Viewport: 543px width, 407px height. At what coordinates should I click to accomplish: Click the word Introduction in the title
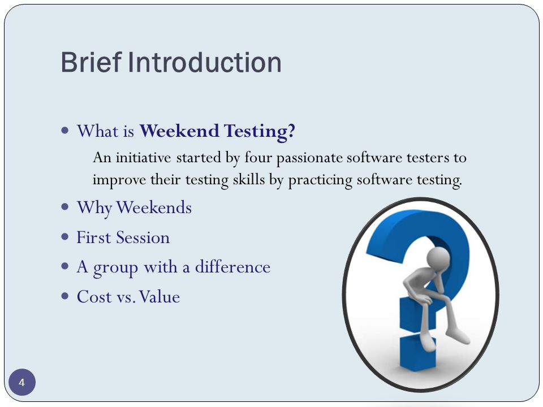[205, 62]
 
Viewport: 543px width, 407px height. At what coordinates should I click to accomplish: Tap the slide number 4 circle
[22, 383]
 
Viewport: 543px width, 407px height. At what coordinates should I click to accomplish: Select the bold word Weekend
[179, 131]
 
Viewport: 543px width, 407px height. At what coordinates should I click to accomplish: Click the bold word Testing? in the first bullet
[260, 132]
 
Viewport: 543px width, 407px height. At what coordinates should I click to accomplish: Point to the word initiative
[143, 158]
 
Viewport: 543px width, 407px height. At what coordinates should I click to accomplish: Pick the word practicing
[320, 180]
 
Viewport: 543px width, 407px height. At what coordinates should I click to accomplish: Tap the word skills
[249, 179]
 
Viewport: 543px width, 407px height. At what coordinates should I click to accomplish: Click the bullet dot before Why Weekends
[64, 207]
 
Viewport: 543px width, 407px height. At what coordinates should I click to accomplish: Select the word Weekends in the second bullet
[154, 207]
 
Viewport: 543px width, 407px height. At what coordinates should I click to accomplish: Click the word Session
[143, 238]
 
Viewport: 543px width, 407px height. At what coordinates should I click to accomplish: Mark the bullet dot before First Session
[64, 237]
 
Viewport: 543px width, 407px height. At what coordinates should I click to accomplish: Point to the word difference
[232, 267]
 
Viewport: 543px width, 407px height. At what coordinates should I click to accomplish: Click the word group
[115, 269]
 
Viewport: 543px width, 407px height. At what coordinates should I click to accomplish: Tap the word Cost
[94, 297]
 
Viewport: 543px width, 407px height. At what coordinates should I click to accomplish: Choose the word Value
[160, 297]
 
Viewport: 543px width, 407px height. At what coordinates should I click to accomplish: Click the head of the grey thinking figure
[438, 258]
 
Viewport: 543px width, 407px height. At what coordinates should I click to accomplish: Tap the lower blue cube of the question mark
[417, 352]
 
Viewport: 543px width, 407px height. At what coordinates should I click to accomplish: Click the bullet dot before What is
[64, 131]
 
